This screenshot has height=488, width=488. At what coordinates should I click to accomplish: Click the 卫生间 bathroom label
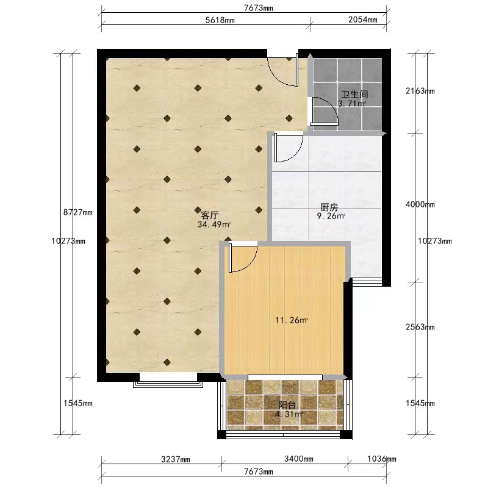click(x=354, y=94)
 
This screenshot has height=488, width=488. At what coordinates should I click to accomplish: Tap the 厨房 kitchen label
click(x=329, y=207)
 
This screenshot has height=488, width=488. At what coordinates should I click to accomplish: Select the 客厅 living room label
click(x=209, y=215)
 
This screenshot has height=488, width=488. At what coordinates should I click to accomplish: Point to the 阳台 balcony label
click(x=287, y=405)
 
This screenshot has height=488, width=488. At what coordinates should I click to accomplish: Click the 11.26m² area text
click(x=292, y=320)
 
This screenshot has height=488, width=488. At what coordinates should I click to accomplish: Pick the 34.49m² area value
click(x=214, y=224)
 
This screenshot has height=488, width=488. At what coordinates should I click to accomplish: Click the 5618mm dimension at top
click(x=220, y=20)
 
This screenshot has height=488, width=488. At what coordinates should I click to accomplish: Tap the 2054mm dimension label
click(x=363, y=20)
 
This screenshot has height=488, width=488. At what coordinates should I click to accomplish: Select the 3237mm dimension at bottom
click(x=176, y=459)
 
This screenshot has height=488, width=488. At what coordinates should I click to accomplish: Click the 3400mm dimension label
click(x=299, y=459)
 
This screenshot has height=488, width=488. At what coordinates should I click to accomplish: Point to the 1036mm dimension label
click(x=382, y=459)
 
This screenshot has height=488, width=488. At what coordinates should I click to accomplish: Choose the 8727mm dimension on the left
click(x=78, y=212)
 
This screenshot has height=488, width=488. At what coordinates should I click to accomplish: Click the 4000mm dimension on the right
click(x=420, y=204)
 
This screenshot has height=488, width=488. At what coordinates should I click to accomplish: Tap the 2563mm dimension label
click(x=420, y=327)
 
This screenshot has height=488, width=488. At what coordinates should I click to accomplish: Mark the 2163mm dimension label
click(x=420, y=91)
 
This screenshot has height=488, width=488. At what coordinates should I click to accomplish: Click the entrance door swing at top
click(x=283, y=71)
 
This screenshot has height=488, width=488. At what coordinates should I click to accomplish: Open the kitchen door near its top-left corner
click(x=289, y=147)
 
